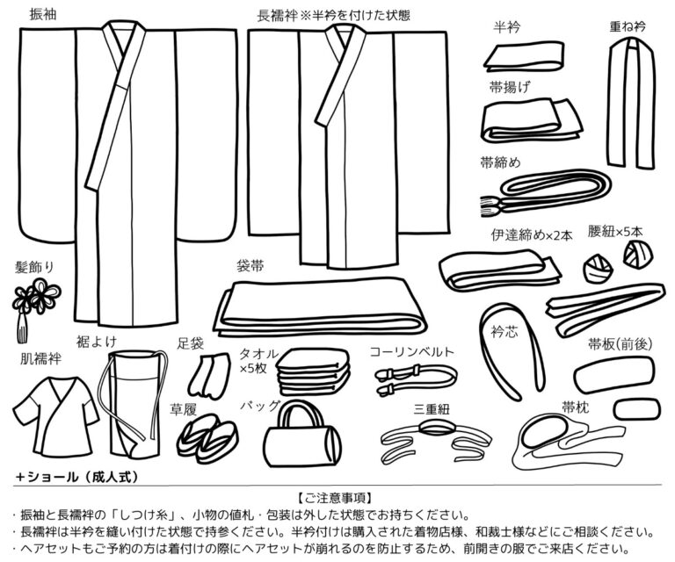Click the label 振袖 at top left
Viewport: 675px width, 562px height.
[x=43, y=15]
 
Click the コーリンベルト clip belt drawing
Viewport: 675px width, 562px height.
[x=413, y=377]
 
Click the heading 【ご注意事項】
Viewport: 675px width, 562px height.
[x=338, y=498]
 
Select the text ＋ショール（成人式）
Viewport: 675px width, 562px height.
[x=76, y=475]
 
